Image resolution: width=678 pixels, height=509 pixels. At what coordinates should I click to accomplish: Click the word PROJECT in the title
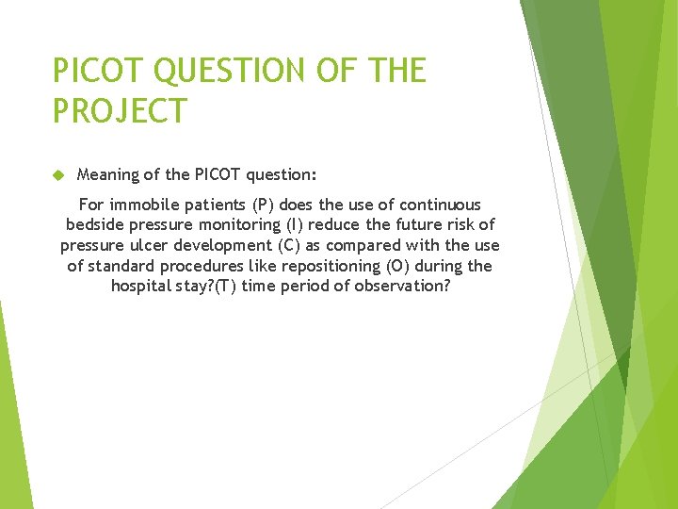[120, 110]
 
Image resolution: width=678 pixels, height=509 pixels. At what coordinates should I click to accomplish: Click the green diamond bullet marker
[57, 175]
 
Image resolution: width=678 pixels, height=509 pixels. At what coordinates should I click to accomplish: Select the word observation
[402, 287]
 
